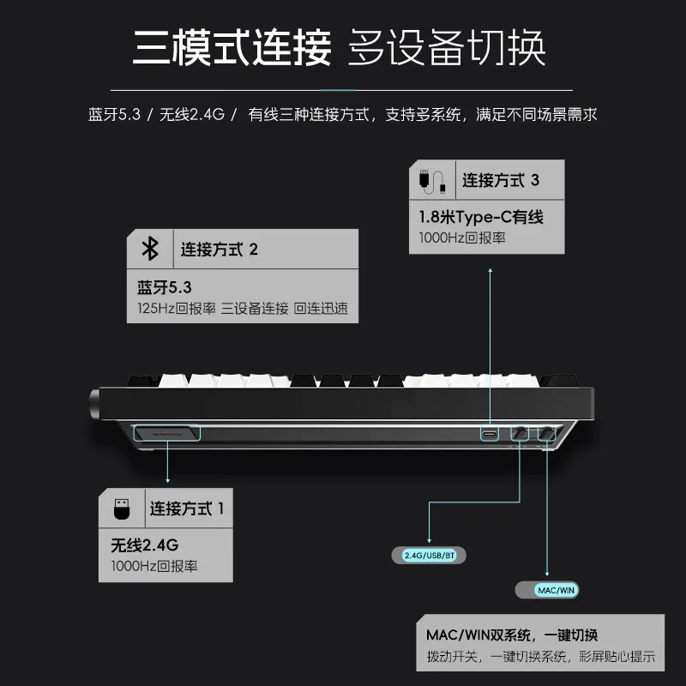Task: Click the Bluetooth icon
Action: pyautogui.click(x=150, y=250)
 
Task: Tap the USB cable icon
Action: pyautogui.click(x=432, y=180)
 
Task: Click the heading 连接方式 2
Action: pyautogui.click(x=219, y=250)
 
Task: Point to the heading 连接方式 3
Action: pyautogui.click(x=501, y=180)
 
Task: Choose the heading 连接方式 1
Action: pyautogui.click(x=186, y=508)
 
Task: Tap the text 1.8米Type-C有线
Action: pyautogui.click(x=481, y=217)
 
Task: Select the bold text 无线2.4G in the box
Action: pyautogui.click(x=144, y=545)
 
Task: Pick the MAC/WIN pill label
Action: pyautogui.click(x=556, y=590)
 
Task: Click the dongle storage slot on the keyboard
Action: pyautogui.click(x=167, y=434)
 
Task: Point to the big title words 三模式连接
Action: pyautogui.click(x=232, y=48)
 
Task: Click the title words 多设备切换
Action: pyautogui.click(x=446, y=48)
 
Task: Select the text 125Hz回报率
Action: pyautogui.click(x=176, y=309)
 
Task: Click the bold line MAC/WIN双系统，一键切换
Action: pyautogui.click(x=512, y=635)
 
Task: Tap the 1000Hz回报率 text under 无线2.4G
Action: pyautogui.click(x=154, y=567)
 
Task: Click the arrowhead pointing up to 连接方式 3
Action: pyautogui.click(x=490, y=271)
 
